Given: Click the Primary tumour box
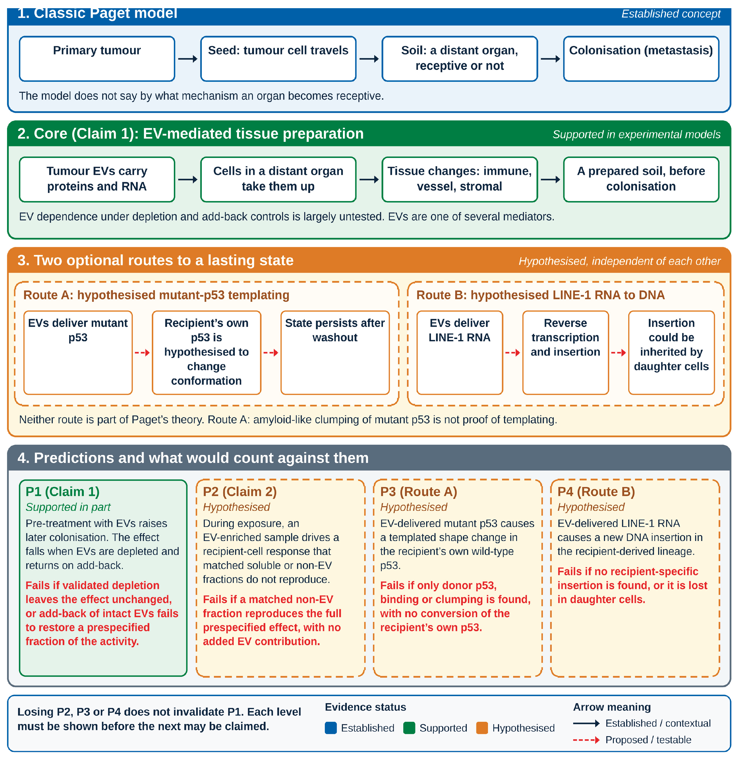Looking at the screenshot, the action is coord(97,59).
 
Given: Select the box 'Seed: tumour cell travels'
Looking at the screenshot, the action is coord(278,59).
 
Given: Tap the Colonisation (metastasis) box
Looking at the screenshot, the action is coord(641,59).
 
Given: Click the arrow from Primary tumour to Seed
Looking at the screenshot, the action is coord(188,59).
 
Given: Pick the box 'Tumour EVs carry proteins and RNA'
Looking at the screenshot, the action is coord(97,179).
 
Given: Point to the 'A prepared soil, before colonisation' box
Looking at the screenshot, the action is coord(641,179).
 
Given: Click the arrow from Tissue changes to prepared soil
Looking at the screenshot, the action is coord(550,179).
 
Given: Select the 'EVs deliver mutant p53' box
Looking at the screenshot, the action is coord(78,353).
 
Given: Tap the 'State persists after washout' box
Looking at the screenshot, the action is coord(335,353).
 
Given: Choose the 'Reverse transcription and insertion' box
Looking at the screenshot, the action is coord(566,353).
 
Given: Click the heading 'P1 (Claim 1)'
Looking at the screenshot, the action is coord(62,492).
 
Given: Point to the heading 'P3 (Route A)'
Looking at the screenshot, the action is coord(419,492).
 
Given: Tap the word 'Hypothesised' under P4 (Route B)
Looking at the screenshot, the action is coord(591,507).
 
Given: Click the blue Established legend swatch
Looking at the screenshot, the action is coord(331,728).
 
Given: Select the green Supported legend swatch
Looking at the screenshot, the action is coord(409,728).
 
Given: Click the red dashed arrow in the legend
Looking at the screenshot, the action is coord(586,740).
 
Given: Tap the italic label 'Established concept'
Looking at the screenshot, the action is coord(671,14).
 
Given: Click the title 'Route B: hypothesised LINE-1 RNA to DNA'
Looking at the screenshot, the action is coord(540,295).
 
